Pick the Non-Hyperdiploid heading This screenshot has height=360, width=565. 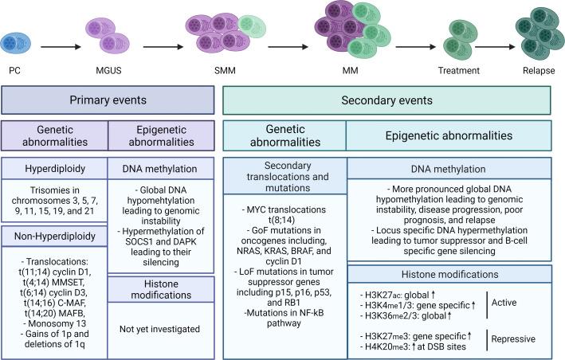[x=53, y=236]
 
